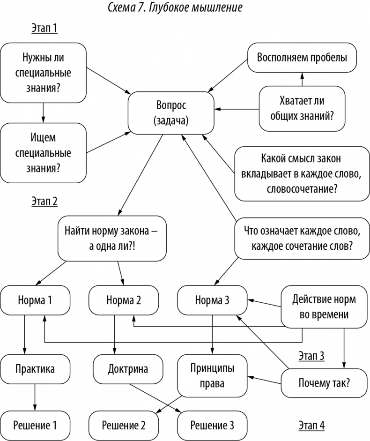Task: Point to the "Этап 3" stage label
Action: coord(311,356)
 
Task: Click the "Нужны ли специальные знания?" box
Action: coord(43,73)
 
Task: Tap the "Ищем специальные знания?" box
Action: coord(43,153)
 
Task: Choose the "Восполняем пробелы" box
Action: coord(302,58)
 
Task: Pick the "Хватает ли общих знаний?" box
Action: coord(302,108)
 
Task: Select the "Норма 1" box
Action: coord(35,300)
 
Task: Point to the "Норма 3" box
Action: coord(212,300)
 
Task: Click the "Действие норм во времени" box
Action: coord(323,306)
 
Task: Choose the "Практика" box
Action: coord(35,369)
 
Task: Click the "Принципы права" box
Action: coord(212,375)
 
